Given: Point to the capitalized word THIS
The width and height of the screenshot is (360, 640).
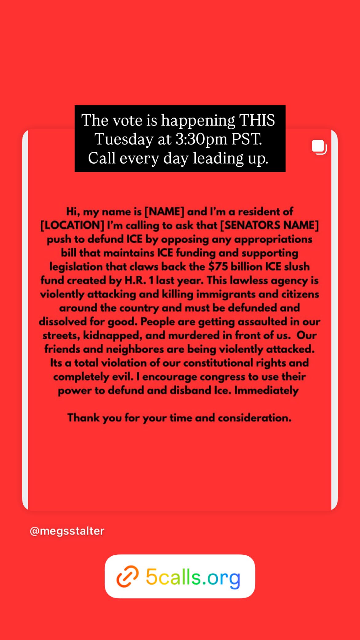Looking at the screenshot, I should click(x=257, y=120).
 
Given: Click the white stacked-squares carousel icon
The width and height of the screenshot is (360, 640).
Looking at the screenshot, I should click(x=319, y=147).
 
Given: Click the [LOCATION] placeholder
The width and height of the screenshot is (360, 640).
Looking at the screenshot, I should click(x=72, y=225).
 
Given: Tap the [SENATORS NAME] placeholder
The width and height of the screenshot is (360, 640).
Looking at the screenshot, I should click(x=269, y=225).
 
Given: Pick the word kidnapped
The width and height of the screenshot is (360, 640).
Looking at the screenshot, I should click(x=113, y=335).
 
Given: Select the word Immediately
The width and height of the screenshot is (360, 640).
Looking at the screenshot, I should click(x=266, y=390).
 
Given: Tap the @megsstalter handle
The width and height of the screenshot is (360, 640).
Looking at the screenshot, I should click(x=67, y=531).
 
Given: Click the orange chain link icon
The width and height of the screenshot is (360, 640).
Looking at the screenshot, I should click(x=127, y=577).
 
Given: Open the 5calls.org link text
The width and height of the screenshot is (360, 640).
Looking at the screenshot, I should click(x=193, y=577).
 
